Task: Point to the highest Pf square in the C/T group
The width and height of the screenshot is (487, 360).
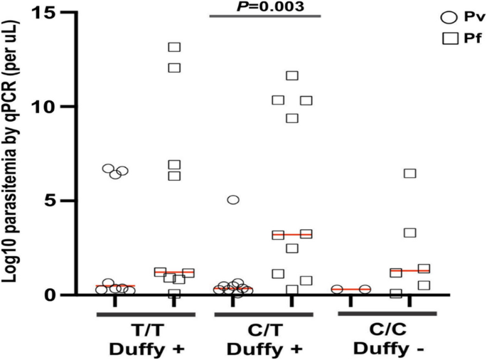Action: (291, 76)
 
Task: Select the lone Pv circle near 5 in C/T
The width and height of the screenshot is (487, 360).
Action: (232, 200)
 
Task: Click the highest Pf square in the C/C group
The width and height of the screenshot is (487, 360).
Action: (410, 174)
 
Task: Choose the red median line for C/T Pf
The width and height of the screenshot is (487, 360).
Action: (291, 234)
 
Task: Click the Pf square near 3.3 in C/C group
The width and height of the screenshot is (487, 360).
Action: (410, 233)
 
